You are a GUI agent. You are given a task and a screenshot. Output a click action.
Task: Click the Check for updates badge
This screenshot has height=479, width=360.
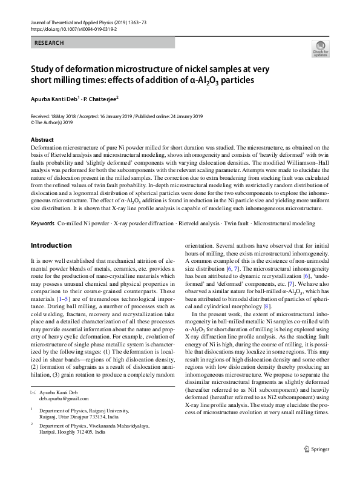319,48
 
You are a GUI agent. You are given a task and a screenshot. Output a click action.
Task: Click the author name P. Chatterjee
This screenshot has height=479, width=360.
99,98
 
